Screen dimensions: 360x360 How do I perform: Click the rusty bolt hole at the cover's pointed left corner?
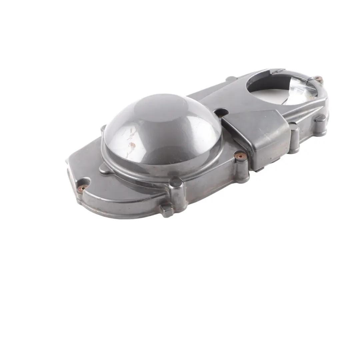tap(83, 187)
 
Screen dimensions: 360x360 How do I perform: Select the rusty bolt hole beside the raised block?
tap(239, 155)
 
